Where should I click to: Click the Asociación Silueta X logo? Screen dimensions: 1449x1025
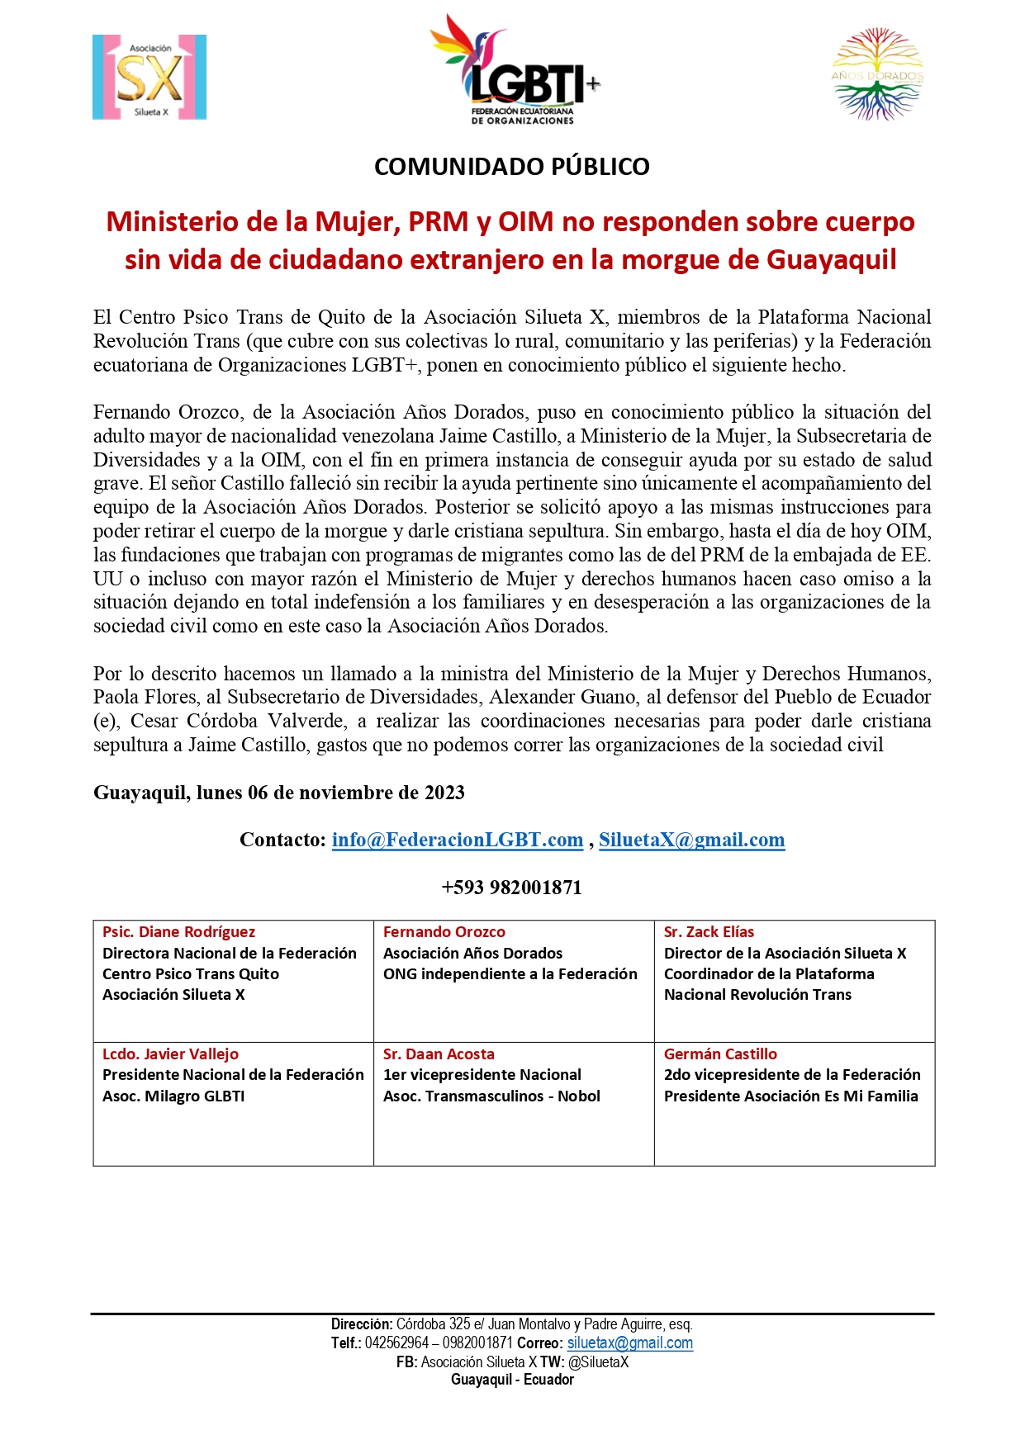pyautogui.click(x=149, y=78)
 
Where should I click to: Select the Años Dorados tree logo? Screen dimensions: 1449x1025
pyautogui.click(x=877, y=74)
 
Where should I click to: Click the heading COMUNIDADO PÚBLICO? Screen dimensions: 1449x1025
pyautogui.click(x=512, y=167)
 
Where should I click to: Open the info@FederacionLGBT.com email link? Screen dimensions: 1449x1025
pyautogui.click(x=458, y=840)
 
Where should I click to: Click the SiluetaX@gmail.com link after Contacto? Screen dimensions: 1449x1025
pyautogui.click(x=691, y=840)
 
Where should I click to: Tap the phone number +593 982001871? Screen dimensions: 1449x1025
pyautogui.click(x=512, y=888)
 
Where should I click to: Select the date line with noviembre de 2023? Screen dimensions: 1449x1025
pyautogui.click(x=279, y=793)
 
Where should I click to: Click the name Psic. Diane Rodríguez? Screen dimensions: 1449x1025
pyautogui.click(x=178, y=932)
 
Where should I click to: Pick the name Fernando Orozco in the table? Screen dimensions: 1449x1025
pyautogui.click(x=444, y=932)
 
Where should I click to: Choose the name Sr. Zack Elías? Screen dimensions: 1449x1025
pyautogui.click(x=709, y=932)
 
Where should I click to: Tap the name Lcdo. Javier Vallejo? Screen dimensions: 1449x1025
pyautogui.click(x=170, y=1054)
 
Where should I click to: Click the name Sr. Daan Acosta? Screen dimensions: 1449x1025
pyautogui.click(x=439, y=1054)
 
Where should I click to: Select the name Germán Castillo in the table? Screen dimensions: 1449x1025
pyautogui.click(x=720, y=1054)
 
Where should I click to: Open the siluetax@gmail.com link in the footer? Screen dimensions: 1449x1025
pyautogui.click(x=629, y=1343)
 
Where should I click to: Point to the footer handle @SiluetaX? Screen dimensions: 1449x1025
pyautogui.click(x=598, y=1362)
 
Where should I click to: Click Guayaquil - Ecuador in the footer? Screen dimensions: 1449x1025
pyautogui.click(x=512, y=1380)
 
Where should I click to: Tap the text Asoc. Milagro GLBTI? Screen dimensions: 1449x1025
pyautogui.click(x=173, y=1096)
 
